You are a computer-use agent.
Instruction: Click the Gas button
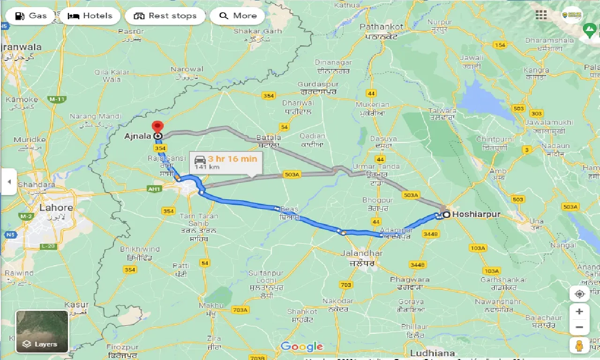pyautogui.click(x=30, y=16)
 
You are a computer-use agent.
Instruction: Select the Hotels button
pyautogui.click(x=90, y=16)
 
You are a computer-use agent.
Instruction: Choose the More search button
pyautogui.click(x=238, y=16)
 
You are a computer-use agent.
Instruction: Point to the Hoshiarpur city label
pyautogui.click(x=477, y=215)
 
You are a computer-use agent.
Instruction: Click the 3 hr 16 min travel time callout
pyautogui.click(x=226, y=162)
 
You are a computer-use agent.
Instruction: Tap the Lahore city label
pyautogui.click(x=56, y=208)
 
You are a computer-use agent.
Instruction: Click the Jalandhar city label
pyautogui.click(x=361, y=254)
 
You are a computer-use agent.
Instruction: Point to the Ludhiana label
pyautogui.click(x=432, y=352)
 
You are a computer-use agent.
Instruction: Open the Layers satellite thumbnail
pyautogui.click(x=42, y=331)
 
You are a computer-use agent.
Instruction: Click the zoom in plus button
pyautogui.click(x=579, y=312)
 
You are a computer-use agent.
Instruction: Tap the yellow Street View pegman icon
pyautogui.click(x=579, y=345)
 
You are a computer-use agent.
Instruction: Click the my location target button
pyautogui.click(x=579, y=294)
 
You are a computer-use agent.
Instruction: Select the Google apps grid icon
pyautogui.click(x=541, y=15)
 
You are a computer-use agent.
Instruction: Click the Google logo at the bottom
pyautogui.click(x=302, y=347)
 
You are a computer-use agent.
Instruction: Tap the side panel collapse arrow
pyautogui.click(x=8, y=181)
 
